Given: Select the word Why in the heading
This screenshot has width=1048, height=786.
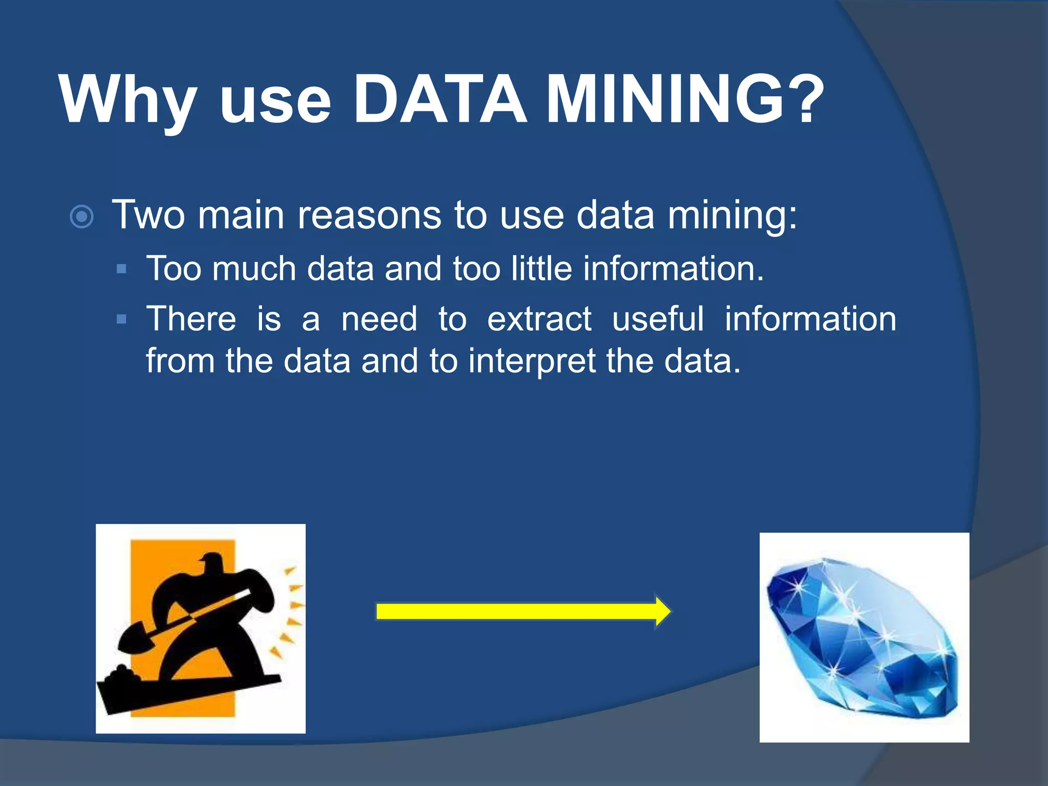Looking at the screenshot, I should pyautogui.click(x=128, y=100).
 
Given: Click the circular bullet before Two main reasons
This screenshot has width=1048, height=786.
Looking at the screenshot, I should pyautogui.click(x=81, y=216).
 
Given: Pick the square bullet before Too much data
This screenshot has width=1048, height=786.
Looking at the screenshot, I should pyautogui.click(x=121, y=269).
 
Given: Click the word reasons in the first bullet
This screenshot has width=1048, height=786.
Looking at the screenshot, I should pyautogui.click(x=369, y=215).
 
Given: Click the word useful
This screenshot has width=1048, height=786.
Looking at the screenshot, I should pyautogui.click(x=658, y=319).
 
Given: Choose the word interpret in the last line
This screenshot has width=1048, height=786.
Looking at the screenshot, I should pyautogui.click(x=532, y=361).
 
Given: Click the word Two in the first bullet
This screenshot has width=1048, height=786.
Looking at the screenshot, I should pyautogui.click(x=148, y=215).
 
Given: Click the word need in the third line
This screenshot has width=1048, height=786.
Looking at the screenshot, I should pyautogui.click(x=379, y=319).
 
